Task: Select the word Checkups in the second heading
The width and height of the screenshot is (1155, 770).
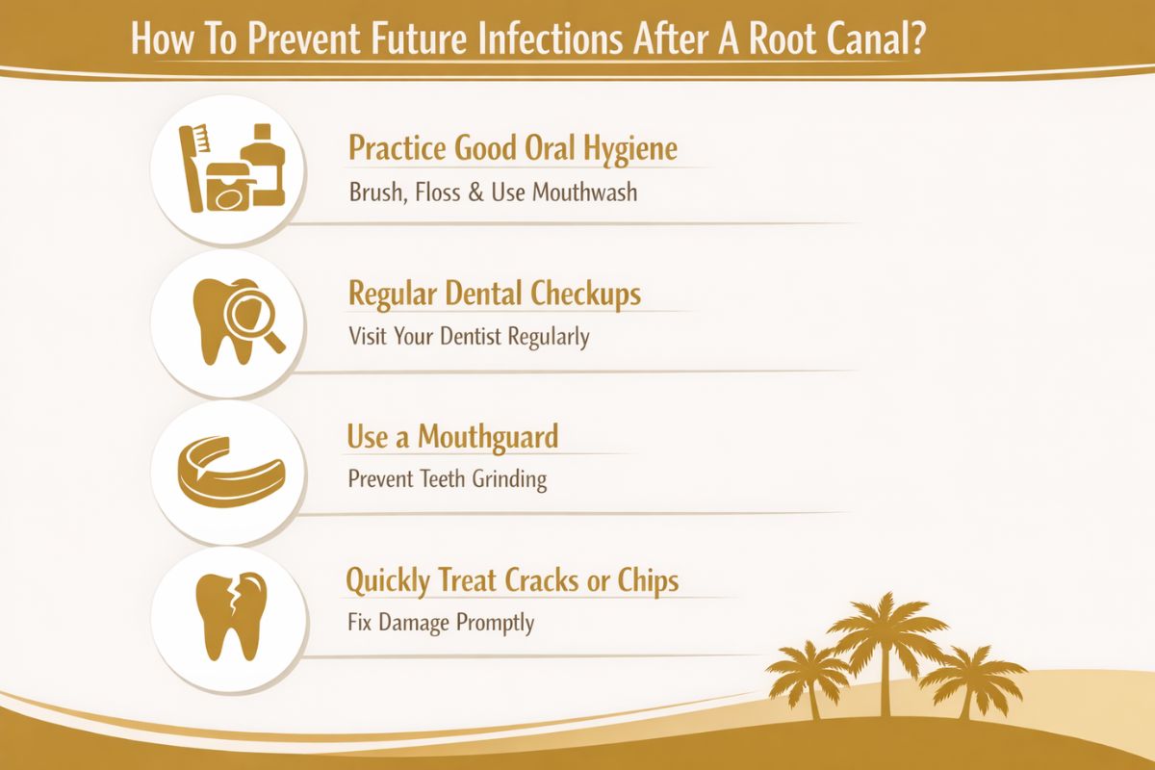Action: pyautogui.click(x=585, y=294)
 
